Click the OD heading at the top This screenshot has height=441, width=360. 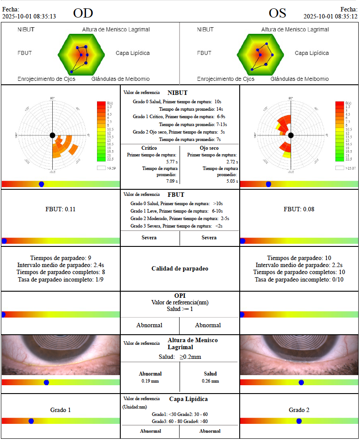coord(83,13)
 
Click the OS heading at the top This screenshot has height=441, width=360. coord(277,13)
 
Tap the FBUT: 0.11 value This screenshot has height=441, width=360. coord(61,209)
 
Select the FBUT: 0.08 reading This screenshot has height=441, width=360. coord(299,209)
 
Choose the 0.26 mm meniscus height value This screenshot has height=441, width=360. coord(210,381)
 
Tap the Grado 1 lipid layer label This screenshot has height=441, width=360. coord(61,410)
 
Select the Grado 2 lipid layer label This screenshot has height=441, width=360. coord(299,410)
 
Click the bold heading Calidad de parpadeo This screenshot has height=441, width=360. coord(180,268)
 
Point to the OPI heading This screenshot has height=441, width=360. coord(180,296)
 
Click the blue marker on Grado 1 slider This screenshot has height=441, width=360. coord(31,421)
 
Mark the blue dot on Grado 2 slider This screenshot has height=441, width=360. coord(299,421)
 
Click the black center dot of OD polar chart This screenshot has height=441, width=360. coord(52,135)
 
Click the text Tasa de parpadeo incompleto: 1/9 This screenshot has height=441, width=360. coord(61,279)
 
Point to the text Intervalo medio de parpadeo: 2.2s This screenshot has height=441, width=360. coord(299,265)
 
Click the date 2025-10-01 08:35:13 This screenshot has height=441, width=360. coord(29,16)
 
